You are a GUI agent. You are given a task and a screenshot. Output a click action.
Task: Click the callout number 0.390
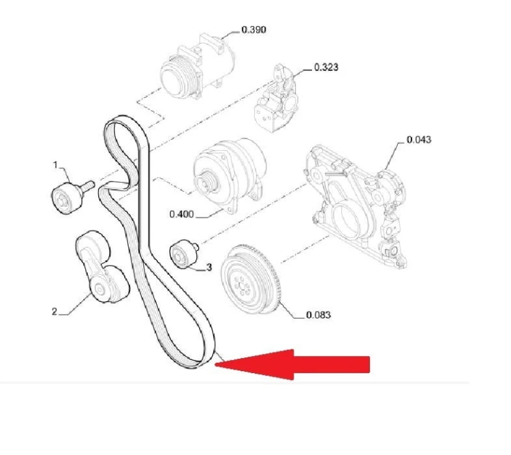[x=254, y=30]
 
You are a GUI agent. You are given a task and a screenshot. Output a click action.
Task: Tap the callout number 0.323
[x=326, y=68]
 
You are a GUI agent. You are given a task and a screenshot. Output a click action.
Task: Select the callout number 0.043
[x=419, y=140]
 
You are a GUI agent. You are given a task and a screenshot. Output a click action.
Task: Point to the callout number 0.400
[x=181, y=214]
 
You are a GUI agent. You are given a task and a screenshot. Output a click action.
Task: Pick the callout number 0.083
[x=318, y=315]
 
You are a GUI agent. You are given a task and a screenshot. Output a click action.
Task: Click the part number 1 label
[x=56, y=165]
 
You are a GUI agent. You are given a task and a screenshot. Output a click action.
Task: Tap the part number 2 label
[x=55, y=312]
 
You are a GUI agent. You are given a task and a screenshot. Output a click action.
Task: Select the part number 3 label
[x=209, y=267]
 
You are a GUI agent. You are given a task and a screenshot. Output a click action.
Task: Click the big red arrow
[x=292, y=364]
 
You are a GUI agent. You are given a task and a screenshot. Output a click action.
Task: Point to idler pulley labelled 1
[x=67, y=199]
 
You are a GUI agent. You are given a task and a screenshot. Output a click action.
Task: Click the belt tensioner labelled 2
[x=102, y=266]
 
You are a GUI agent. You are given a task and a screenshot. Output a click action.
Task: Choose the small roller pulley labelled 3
[x=182, y=254]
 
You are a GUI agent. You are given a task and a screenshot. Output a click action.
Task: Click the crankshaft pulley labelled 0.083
[x=250, y=280]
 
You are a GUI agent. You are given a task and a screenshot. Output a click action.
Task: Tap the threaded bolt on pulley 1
[x=87, y=186]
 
